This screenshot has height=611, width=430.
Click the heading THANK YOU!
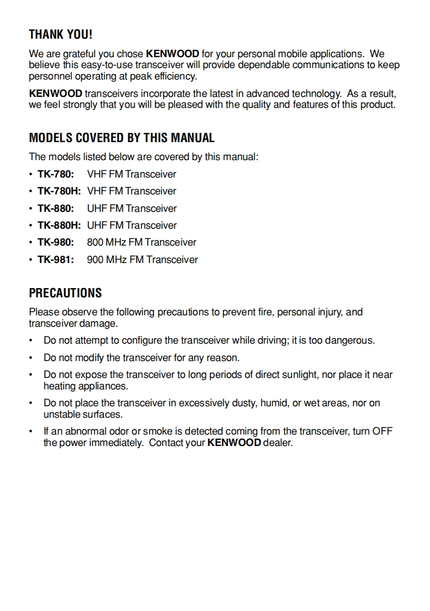coord(60,35)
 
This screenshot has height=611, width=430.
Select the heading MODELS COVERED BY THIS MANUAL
coord(122,138)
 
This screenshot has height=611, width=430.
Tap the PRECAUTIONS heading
coord(65,293)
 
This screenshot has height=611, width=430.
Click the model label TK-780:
coord(55,174)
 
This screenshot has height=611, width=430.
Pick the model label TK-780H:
coord(59,191)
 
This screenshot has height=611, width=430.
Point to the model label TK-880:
coord(55,209)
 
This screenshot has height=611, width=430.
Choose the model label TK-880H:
coord(59,225)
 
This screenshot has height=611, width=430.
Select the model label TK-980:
coord(55,242)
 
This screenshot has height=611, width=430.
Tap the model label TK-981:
coord(55,260)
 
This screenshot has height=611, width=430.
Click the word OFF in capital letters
coord(382,432)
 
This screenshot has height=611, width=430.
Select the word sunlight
coord(300,375)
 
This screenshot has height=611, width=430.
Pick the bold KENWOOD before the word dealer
coord(234,443)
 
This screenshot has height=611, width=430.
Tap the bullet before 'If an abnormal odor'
coord(31,432)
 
